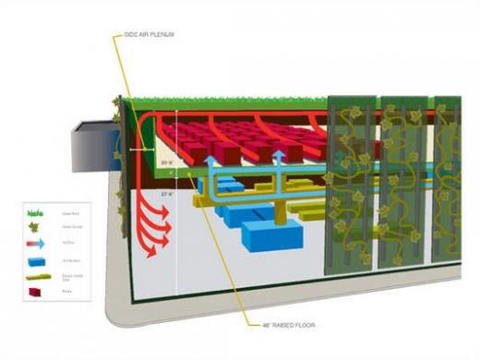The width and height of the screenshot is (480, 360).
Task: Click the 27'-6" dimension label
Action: pos(167,194)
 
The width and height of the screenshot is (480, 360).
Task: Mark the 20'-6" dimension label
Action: pos(166,162)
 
